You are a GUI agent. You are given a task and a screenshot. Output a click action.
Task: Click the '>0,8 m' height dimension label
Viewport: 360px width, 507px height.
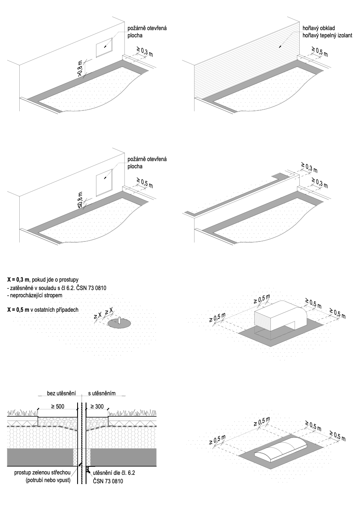80,69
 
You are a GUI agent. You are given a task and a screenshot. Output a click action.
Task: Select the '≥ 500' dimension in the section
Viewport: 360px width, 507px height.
58,406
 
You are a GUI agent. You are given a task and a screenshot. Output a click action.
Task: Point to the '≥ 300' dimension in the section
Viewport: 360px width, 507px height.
97,406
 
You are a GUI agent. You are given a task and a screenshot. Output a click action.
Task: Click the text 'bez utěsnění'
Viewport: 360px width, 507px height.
61,393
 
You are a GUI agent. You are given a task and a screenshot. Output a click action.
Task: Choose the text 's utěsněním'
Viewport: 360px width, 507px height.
102,393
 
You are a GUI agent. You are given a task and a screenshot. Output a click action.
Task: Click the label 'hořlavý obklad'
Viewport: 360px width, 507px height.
319,28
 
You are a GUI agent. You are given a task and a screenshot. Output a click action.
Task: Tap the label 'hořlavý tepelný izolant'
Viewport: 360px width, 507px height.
327,35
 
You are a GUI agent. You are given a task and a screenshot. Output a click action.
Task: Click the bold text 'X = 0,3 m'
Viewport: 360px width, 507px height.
18,280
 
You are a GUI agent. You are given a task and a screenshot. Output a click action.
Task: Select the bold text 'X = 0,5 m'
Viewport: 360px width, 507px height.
18,309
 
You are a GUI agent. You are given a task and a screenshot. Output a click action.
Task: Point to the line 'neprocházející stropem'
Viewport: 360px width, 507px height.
35,295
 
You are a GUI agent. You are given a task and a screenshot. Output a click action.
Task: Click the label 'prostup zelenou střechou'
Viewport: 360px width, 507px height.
42,472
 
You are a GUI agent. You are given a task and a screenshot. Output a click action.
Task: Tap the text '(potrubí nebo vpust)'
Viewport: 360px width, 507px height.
48,480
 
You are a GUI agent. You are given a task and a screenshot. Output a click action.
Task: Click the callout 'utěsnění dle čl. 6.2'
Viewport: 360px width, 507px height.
114,472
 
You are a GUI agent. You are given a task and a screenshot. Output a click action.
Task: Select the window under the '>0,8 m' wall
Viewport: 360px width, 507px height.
104,47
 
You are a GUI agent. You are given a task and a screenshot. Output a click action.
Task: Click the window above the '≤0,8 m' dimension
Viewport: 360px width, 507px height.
104,182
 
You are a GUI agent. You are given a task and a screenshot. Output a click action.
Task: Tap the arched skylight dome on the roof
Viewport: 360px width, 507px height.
280,449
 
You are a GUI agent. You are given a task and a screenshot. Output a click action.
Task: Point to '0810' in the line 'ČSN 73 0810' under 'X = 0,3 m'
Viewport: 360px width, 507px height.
100,288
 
